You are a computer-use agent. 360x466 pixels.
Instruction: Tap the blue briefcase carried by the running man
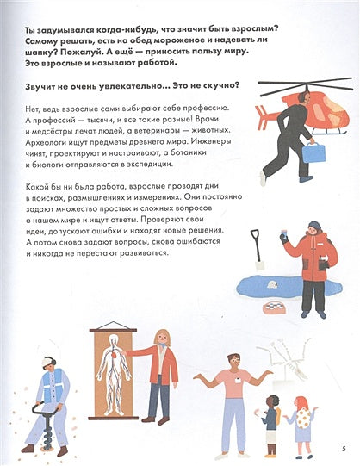pyautogui.click(x=313, y=152)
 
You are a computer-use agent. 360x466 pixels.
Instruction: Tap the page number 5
pyautogui.click(x=343, y=446)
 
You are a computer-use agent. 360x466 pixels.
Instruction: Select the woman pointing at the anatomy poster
pyautogui.click(x=160, y=370)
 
